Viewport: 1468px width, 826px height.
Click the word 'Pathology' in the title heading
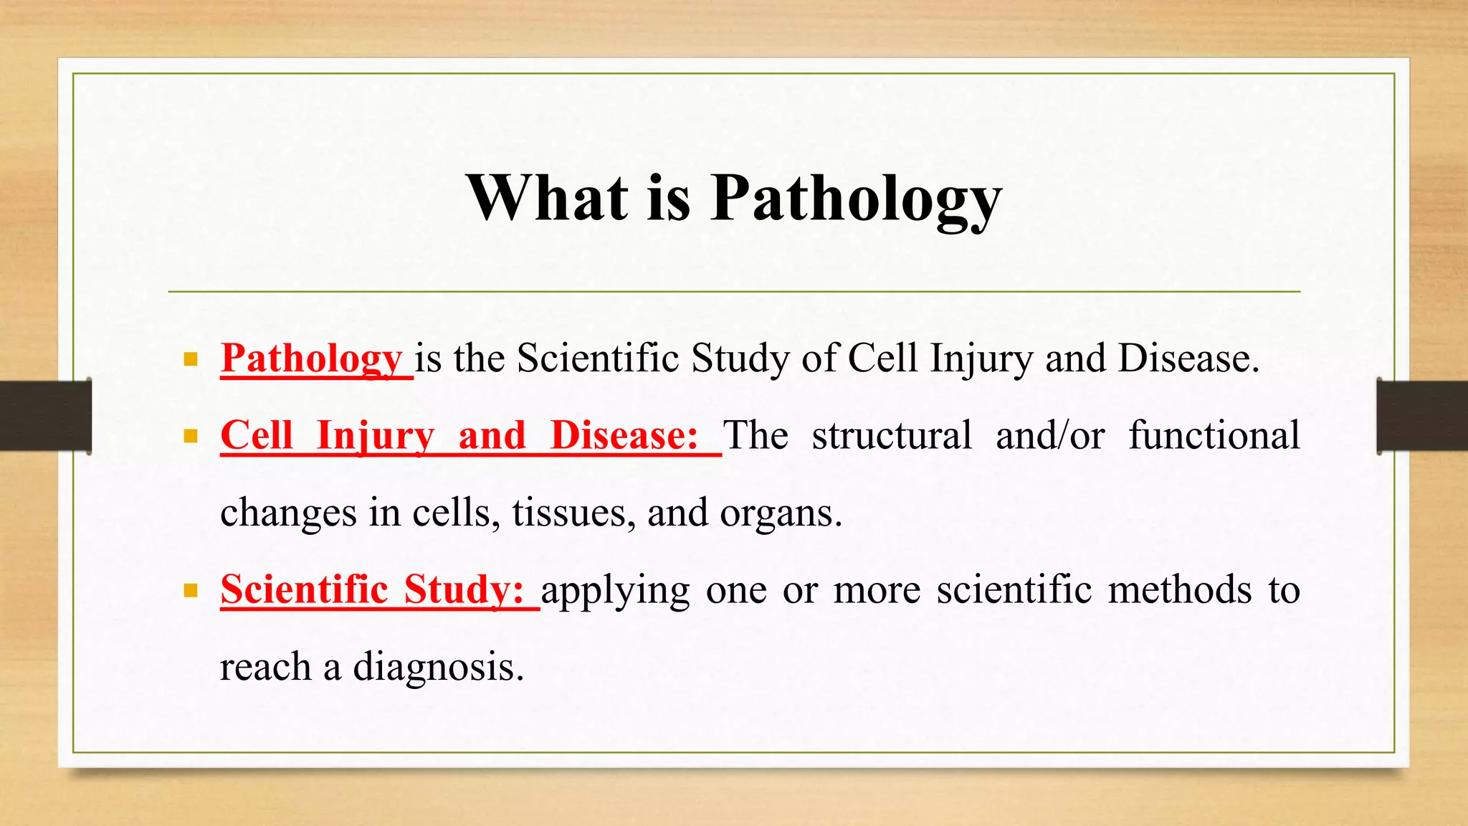pyautogui.click(x=856, y=201)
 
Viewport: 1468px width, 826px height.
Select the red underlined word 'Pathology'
pyautogui.click(x=312, y=359)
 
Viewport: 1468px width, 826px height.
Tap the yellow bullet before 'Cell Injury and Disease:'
pyautogui.click(x=191, y=436)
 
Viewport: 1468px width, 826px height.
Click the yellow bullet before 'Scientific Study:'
pyautogui.click(x=191, y=591)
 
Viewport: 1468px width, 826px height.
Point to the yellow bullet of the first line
pyautogui.click(x=191, y=359)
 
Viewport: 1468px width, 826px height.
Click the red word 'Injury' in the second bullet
pyautogui.click(x=375, y=436)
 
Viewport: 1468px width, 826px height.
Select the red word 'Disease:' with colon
pyautogui.click(x=624, y=435)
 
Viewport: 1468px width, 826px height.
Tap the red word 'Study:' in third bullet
pyautogui.click(x=464, y=590)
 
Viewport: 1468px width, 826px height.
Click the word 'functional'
pyautogui.click(x=1214, y=435)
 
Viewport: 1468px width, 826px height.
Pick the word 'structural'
pyautogui.click(x=892, y=435)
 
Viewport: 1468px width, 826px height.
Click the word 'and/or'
pyautogui.click(x=1050, y=435)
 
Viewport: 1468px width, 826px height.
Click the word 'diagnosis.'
pyautogui.click(x=438, y=668)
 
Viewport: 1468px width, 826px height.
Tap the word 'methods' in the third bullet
pyautogui.click(x=1180, y=590)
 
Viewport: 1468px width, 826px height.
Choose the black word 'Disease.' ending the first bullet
pyautogui.click(x=1188, y=359)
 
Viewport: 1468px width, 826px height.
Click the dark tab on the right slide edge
pyautogui.click(x=1422, y=416)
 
